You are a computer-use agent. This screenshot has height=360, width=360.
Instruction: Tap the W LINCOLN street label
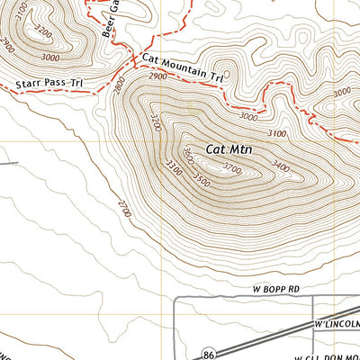coord(337,322)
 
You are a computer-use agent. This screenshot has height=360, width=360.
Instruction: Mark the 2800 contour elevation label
coord(118,89)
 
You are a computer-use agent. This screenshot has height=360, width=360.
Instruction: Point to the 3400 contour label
coord(281,166)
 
